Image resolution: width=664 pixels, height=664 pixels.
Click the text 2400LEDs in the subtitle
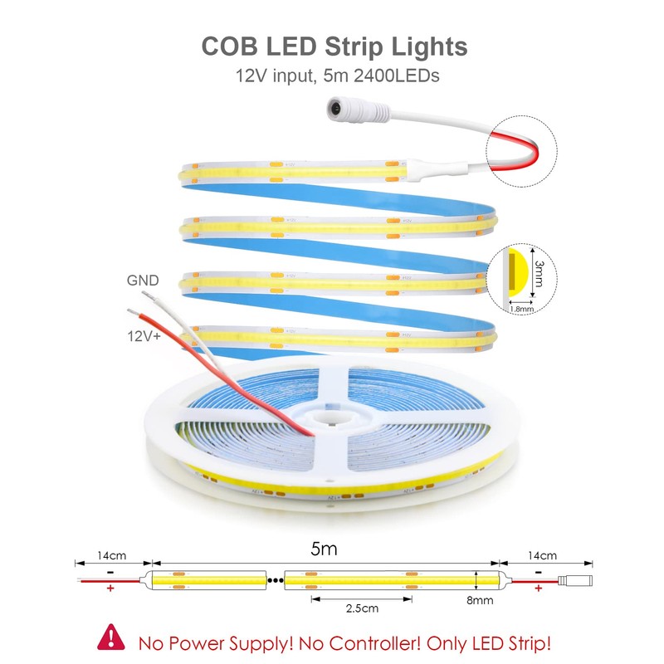tap(393, 76)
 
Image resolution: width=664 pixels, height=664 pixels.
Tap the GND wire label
tap(142, 281)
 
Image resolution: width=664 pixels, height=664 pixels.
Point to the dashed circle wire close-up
tap(520, 148)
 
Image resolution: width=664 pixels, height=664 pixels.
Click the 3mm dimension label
tap(540, 273)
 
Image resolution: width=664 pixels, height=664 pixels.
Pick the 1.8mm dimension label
tap(521, 308)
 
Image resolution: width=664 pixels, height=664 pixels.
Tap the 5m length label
tap(324, 549)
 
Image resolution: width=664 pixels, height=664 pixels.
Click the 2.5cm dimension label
tap(360, 608)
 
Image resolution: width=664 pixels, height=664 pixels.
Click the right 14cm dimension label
tap(542, 555)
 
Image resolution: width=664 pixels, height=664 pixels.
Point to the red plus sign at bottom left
tap(110, 589)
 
